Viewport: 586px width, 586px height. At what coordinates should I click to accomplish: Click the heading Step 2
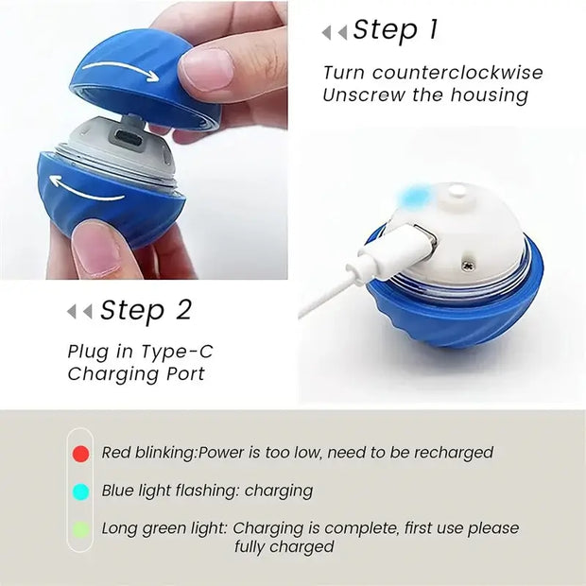(x=146, y=310)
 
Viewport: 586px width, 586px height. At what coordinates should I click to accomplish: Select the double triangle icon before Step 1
(x=334, y=32)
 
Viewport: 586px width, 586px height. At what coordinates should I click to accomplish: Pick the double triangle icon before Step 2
(x=79, y=311)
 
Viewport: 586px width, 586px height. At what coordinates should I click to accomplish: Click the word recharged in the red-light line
(x=457, y=453)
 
